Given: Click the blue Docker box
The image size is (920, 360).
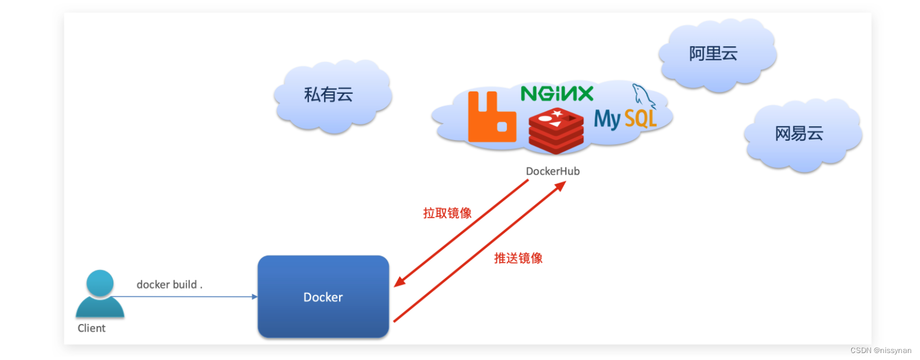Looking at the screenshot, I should pos(323,296).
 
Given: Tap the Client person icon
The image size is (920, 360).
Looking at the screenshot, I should pos(100,295).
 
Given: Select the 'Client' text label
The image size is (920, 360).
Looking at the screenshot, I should pos(91,328).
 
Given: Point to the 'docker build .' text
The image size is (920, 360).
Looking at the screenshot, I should pos(169,285).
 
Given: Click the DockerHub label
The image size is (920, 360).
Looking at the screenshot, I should pos(553,171).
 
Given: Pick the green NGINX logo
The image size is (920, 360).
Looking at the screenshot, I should pos(557,94).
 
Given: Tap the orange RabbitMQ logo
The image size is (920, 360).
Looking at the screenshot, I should pos(491,117).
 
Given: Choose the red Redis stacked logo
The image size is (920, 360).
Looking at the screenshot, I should pos(556,132).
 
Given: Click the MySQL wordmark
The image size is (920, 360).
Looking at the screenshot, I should pos(625,119).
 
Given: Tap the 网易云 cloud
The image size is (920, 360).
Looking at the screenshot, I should pos(801,134).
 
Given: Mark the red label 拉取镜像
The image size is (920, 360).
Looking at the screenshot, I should pos(447,213).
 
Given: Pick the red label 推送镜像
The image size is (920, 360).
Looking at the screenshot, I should pos(518,258).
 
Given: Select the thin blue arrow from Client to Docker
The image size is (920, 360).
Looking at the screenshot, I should pos(185,297).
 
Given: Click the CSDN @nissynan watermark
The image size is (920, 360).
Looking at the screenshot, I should pos(880,351).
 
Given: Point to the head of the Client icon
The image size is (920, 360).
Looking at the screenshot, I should pos(100,283).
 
